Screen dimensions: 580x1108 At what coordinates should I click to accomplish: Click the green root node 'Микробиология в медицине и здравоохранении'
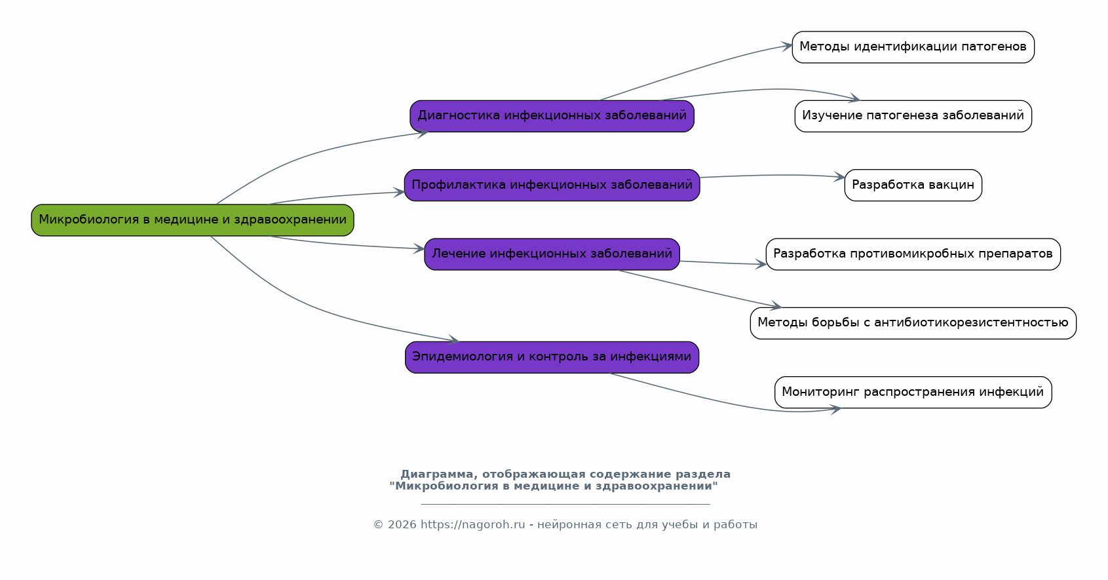[x=193, y=220]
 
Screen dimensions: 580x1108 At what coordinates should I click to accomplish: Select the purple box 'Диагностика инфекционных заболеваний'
[x=552, y=116]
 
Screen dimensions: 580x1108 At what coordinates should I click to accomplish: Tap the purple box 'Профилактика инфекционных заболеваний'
[x=552, y=185]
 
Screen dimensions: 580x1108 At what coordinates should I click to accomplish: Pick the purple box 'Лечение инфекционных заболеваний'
[x=552, y=254]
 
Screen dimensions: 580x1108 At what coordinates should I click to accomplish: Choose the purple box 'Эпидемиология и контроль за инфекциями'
[x=552, y=357]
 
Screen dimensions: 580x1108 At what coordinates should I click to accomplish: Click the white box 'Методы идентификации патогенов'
[x=913, y=47]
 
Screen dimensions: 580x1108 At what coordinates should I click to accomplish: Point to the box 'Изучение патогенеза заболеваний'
[x=913, y=116]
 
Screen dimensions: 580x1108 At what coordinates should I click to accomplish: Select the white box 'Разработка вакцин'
[x=913, y=185]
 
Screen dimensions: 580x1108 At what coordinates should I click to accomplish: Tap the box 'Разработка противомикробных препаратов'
[x=913, y=254]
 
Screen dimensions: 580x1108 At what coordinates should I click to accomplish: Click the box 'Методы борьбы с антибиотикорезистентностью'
[x=913, y=323]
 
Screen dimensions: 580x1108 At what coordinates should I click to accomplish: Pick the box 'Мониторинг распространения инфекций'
[x=913, y=393]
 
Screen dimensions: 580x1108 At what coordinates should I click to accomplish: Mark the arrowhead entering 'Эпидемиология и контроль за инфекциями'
[x=453, y=340]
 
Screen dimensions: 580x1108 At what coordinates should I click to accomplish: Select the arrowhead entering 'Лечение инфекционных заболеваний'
[x=419, y=248]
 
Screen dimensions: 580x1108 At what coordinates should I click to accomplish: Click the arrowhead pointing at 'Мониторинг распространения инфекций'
[x=835, y=410]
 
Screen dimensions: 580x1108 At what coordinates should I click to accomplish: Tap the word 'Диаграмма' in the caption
[x=436, y=474]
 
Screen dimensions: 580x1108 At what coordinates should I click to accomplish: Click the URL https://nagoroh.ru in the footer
[x=472, y=525]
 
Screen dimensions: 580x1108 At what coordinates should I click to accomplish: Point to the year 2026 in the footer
[x=402, y=525]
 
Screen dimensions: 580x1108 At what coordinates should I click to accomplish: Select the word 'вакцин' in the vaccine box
[x=955, y=185]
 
